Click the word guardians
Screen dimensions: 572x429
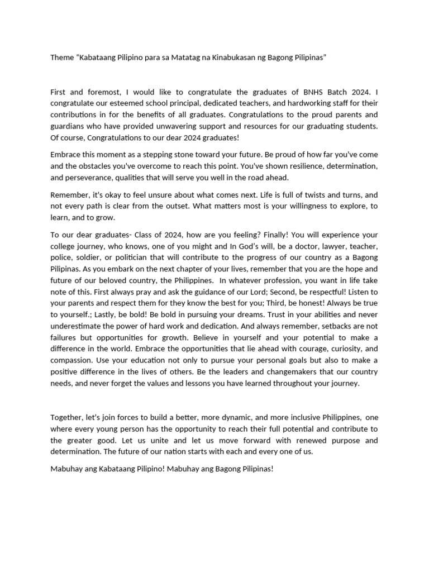point(69,126)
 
